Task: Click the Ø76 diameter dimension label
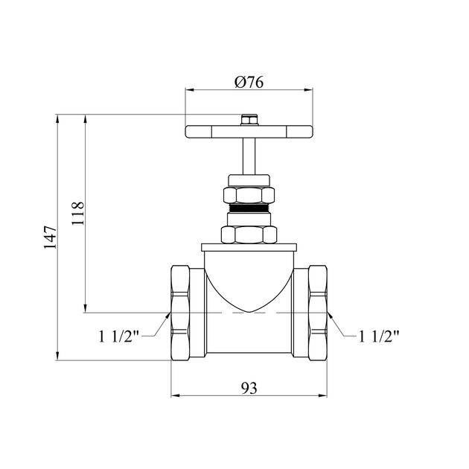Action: click(x=249, y=82)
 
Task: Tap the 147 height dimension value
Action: click(x=50, y=237)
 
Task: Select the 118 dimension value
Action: click(x=77, y=214)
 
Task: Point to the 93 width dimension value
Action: click(x=249, y=388)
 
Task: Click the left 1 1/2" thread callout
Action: click(x=119, y=336)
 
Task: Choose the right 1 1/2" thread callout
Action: click(x=379, y=336)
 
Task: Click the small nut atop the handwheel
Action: click(x=249, y=120)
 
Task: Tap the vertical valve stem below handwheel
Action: click(x=249, y=156)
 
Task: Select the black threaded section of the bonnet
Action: click(x=249, y=208)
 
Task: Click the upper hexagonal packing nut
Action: click(x=249, y=195)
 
